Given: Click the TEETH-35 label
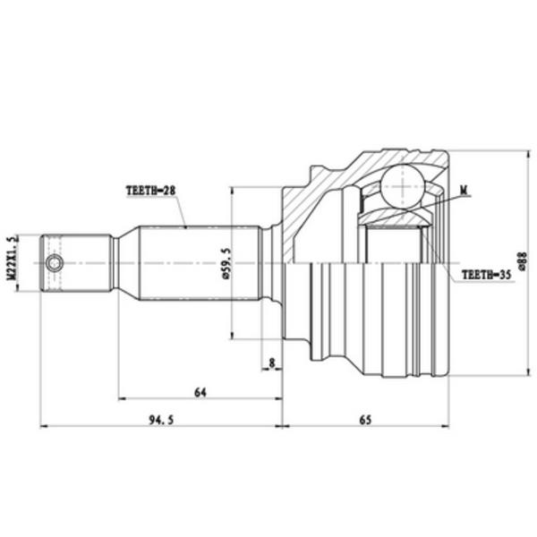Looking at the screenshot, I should coord(484,277).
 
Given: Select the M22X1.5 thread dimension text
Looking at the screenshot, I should coord(13,260).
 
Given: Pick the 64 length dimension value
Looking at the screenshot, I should coord(199,390).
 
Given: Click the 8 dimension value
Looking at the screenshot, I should coord(271,362).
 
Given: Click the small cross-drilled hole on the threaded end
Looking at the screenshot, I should coord(55,263).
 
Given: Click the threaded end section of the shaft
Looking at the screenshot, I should coord(76,263).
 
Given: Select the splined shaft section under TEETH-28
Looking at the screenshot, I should coord(197,263).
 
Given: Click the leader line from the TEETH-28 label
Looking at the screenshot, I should coord(182,213).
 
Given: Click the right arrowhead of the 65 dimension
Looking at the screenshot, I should coord(447,426).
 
